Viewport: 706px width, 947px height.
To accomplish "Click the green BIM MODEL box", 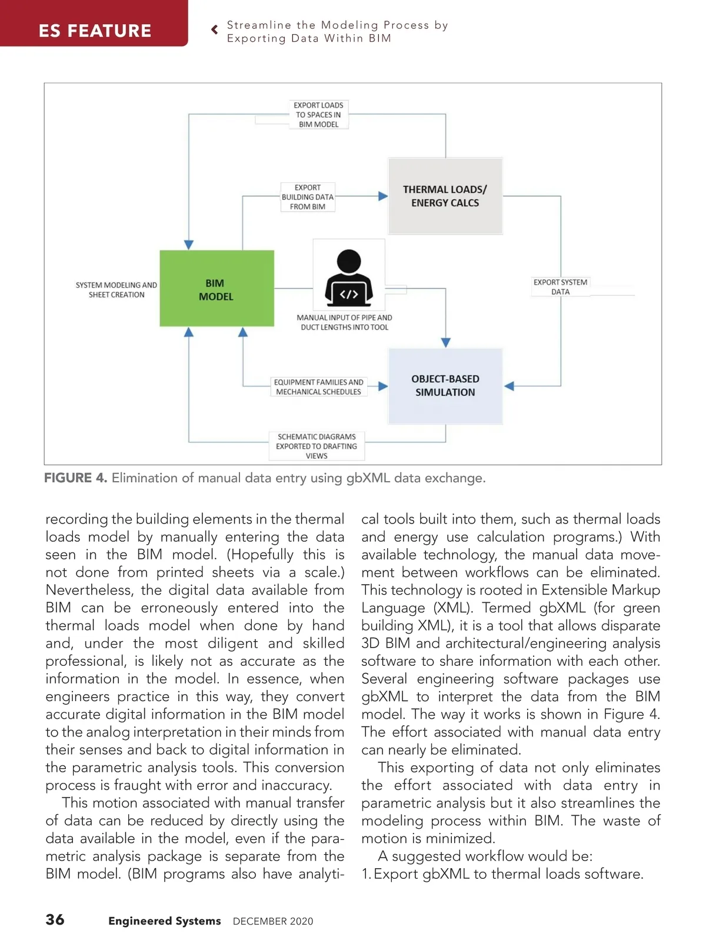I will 217,288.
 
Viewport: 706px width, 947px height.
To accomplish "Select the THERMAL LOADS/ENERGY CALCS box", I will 445,196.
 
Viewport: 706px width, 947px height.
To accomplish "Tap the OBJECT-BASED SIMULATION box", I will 445,386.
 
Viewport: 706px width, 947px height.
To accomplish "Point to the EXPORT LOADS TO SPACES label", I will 318,115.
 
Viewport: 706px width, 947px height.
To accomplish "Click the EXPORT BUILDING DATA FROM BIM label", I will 307,197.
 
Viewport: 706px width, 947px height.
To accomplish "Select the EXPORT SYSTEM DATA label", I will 560,286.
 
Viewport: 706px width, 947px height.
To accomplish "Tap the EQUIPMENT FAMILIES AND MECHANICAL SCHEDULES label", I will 318,387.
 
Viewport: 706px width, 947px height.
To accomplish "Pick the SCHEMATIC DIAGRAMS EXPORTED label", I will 317,446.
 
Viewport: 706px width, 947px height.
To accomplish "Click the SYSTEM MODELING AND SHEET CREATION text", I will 116,290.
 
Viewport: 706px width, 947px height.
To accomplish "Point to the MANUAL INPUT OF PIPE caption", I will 344,322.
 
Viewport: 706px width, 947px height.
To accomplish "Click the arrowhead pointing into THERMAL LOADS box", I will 383,196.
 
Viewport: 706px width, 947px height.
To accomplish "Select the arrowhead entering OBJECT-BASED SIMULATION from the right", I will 509,386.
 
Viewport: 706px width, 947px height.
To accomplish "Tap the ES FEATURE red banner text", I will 95,31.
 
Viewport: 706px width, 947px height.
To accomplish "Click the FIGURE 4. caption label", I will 75,478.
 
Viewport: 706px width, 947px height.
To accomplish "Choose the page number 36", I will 55,919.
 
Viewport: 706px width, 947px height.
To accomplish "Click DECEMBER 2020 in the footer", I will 273,921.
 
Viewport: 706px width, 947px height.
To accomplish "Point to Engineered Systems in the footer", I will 165,921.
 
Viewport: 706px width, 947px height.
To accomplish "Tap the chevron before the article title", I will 215,29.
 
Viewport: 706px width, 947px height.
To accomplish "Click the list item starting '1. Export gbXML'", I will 502,874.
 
